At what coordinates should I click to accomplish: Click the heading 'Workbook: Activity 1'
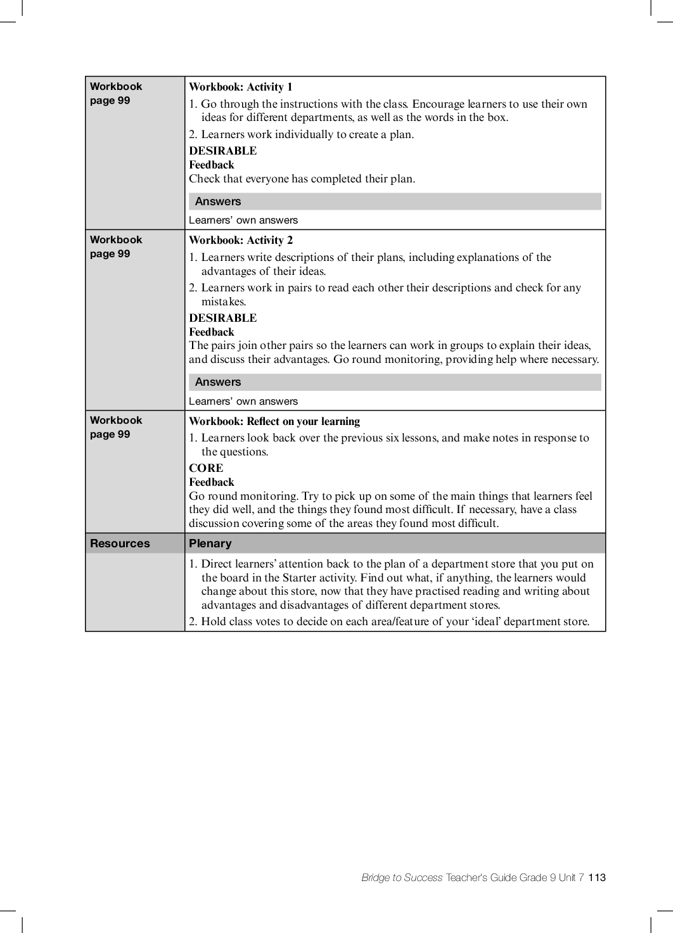241,87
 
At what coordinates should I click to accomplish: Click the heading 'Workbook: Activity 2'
241,241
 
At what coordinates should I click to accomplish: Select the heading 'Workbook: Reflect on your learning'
274,422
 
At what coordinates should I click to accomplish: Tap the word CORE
206,468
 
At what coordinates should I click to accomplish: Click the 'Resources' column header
120,543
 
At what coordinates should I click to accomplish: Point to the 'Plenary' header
210,543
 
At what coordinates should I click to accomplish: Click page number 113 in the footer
597,878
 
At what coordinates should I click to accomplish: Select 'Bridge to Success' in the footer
402,878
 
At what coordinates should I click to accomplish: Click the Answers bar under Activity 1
395,201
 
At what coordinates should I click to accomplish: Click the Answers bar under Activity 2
395,382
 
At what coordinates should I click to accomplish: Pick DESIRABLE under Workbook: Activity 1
223,151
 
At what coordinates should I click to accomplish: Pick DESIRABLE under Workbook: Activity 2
223,318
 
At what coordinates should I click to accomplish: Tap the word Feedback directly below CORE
212,482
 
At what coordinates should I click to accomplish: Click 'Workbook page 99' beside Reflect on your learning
116,427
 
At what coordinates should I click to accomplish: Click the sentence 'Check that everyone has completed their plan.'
302,179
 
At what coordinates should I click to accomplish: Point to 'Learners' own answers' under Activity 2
243,402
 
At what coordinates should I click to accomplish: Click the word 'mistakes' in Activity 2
222,302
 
